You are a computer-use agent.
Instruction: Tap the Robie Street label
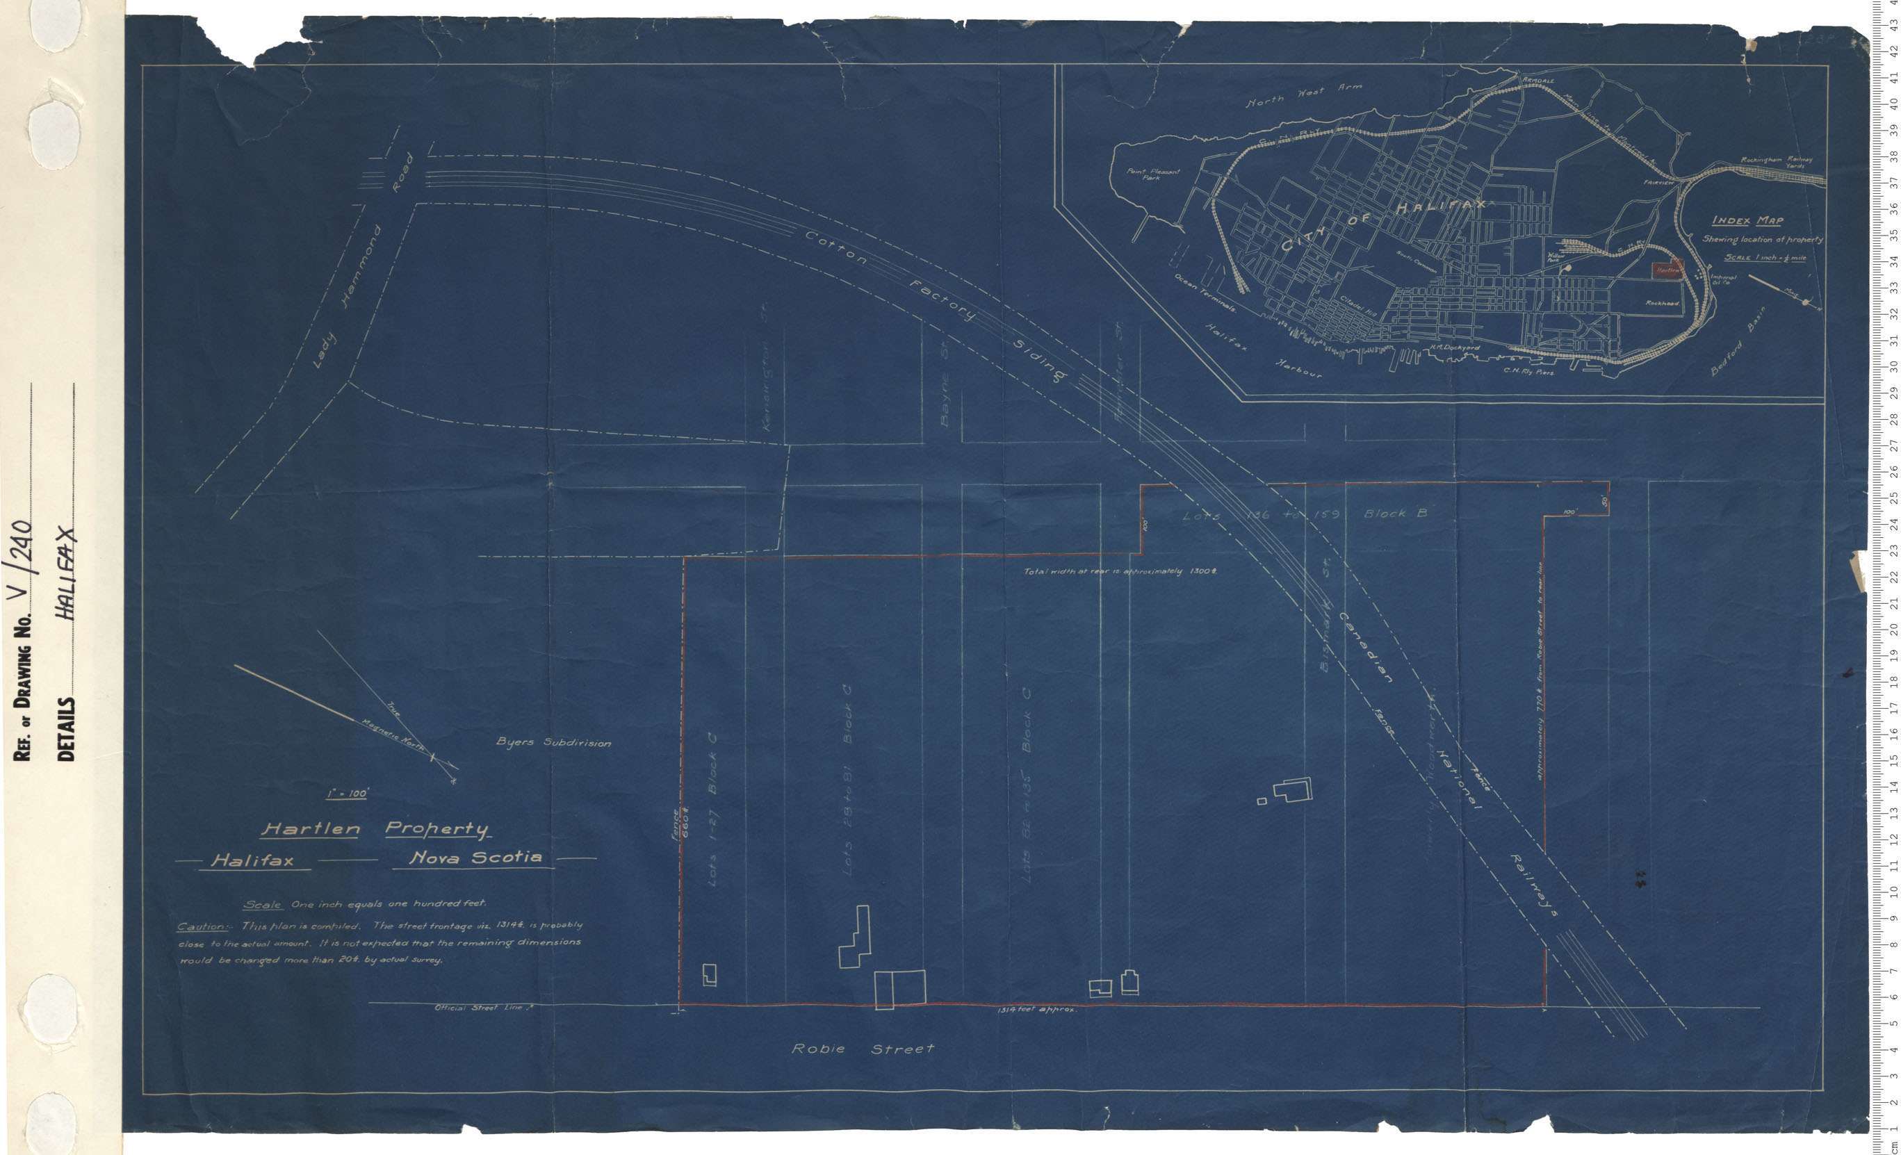(863, 1049)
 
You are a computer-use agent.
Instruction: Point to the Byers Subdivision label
(553, 742)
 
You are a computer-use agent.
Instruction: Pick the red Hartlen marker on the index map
(1667, 270)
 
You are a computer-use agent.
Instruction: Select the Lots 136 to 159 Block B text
(1304, 514)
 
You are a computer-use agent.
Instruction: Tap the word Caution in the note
(202, 926)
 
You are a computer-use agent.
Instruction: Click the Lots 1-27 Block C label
(711, 810)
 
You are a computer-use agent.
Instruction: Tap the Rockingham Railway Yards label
(1776, 162)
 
